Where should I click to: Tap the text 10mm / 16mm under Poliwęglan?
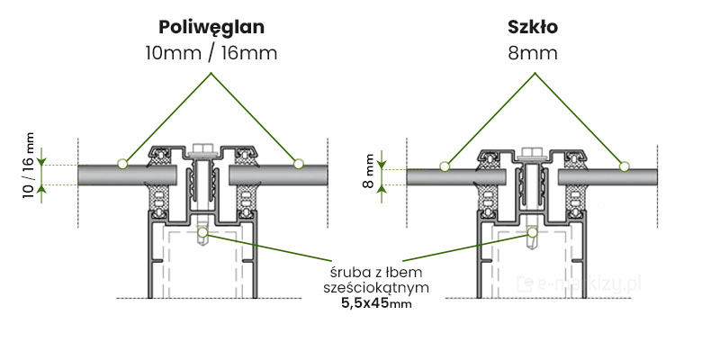click(211, 53)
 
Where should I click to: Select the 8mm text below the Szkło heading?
click(533, 53)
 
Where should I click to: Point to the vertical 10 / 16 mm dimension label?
click(29, 166)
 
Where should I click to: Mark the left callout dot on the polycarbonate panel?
click(121, 164)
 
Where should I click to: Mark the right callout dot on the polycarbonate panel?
click(298, 164)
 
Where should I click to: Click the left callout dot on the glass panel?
click(444, 166)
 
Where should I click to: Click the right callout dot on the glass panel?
click(622, 166)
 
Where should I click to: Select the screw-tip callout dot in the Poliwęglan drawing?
click(203, 232)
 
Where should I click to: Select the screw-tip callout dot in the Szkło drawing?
click(533, 232)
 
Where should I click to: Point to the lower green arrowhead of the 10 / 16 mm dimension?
click(40, 189)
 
